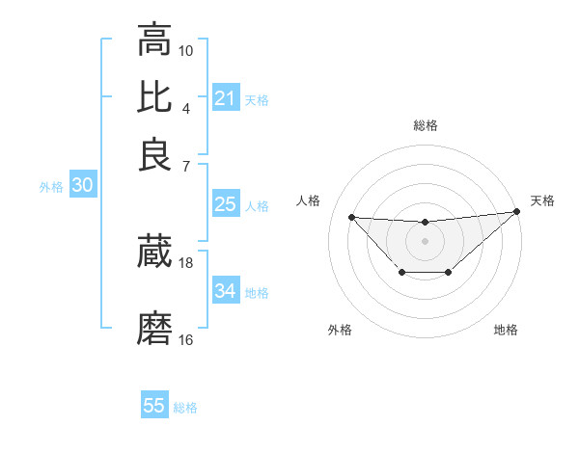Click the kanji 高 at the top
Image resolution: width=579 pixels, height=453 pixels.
(x=154, y=40)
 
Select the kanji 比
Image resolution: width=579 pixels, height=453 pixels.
(x=154, y=96)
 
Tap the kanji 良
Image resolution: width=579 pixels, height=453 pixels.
(x=154, y=154)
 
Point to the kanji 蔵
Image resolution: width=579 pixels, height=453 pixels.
(x=154, y=253)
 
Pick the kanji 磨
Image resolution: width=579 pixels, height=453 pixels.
(x=154, y=328)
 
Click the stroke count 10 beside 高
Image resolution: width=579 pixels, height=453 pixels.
(x=186, y=49)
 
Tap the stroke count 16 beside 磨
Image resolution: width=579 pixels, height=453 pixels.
(x=186, y=339)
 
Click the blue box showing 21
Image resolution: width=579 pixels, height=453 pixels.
(x=225, y=98)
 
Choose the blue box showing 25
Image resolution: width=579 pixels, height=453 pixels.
(x=225, y=204)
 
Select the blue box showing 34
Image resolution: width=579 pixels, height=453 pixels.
(x=225, y=291)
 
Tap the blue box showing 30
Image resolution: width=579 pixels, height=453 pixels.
(x=82, y=186)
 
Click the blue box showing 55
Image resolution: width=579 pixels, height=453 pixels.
(x=154, y=406)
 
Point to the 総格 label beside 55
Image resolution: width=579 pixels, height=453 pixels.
(x=185, y=408)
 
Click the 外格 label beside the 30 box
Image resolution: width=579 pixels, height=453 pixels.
(x=51, y=187)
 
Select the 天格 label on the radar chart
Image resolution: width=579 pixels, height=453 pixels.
(x=542, y=200)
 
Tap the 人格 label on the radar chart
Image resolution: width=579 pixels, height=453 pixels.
(x=309, y=200)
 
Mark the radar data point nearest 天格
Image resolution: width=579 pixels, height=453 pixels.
(x=517, y=211)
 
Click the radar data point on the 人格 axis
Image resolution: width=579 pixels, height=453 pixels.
(x=351, y=217)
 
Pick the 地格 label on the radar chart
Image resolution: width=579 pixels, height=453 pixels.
(x=506, y=330)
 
